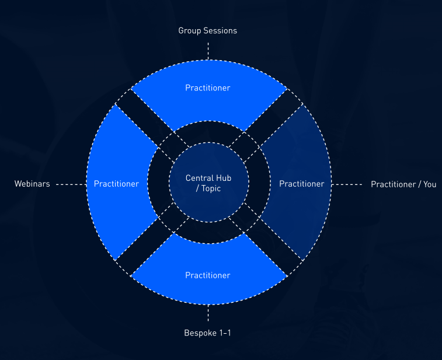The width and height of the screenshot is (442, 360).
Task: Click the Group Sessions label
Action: click(x=208, y=30)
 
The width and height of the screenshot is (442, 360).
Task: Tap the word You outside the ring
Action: click(x=430, y=184)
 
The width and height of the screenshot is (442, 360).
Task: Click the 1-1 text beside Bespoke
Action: click(x=224, y=333)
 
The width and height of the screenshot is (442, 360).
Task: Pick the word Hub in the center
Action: click(x=224, y=178)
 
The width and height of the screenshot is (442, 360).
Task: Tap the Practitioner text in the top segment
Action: click(x=208, y=88)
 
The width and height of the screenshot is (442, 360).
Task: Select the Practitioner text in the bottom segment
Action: click(x=208, y=275)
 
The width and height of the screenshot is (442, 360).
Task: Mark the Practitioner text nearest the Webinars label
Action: click(x=116, y=184)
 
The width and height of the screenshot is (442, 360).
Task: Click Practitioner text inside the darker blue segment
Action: click(x=301, y=184)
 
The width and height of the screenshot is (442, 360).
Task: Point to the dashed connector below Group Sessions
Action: click(x=208, y=50)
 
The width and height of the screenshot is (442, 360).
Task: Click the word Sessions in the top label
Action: click(x=220, y=30)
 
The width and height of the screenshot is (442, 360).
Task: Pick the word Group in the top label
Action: click(x=189, y=30)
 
